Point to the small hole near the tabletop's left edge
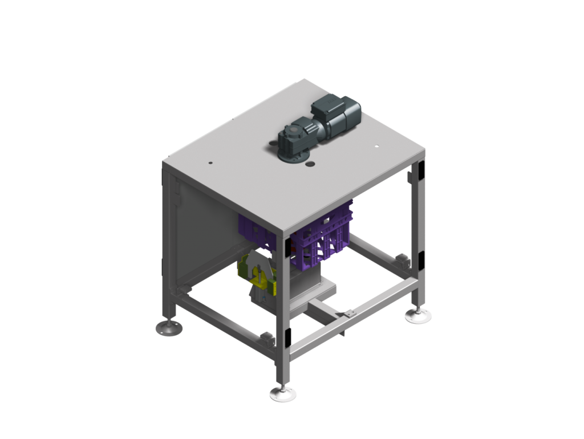(x=210, y=164)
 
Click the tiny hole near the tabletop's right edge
(x=377, y=147)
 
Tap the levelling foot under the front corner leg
(x=283, y=393)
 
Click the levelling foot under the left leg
(x=169, y=328)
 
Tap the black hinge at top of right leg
(x=420, y=170)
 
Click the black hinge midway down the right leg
(x=421, y=260)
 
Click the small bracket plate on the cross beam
(x=345, y=314)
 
